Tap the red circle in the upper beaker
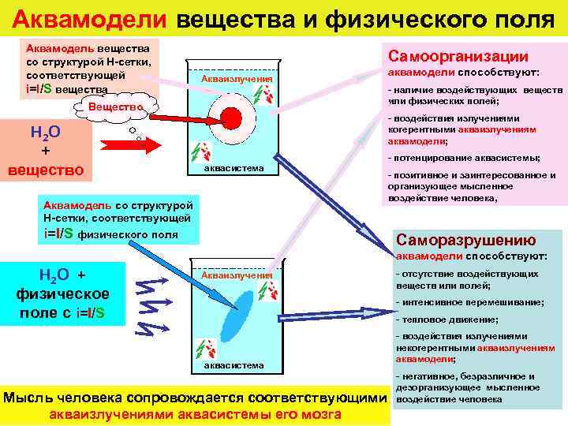[231, 118]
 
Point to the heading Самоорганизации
[455, 57]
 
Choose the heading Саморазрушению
[465, 240]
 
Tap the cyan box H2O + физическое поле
[63, 293]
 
